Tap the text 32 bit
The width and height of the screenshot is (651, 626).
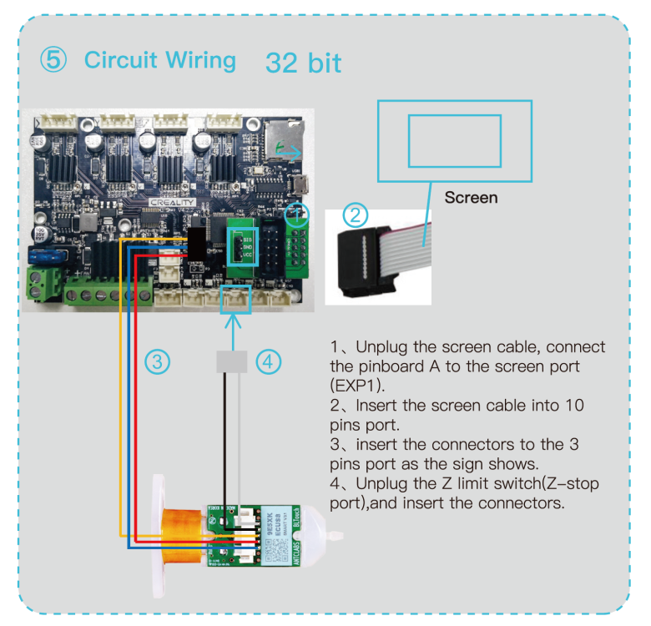point(303,62)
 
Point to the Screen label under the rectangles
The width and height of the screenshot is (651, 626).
point(471,198)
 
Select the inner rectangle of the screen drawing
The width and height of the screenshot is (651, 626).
point(454,140)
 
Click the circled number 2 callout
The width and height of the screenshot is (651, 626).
point(356,215)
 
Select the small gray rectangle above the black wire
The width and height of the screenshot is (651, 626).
point(234,361)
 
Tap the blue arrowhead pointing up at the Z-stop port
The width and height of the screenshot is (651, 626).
point(234,319)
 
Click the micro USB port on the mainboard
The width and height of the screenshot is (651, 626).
point(299,181)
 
